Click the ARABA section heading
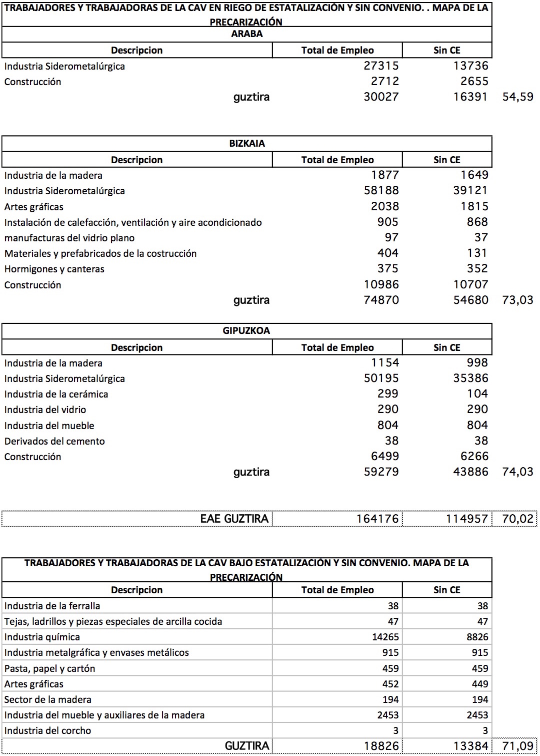click(246, 34)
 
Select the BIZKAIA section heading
click(246, 144)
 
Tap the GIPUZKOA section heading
click(246, 331)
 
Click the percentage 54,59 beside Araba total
click(517, 97)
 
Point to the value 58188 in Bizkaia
click(381, 191)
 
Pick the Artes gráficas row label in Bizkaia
click(34, 207)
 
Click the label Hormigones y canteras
click(54, 269)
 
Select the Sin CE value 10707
click(470, 285)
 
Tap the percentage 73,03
click(517, 300)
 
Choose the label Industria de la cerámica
click(56, 395)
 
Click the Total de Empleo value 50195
click(381, 379)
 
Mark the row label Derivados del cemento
click(54, 441)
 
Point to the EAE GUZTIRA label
click(234, 519)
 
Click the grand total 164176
click(377, 519)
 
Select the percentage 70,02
click(517, 519)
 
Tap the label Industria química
click(42, 637)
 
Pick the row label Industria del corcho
click(47, 731)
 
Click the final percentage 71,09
click(517, 746)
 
